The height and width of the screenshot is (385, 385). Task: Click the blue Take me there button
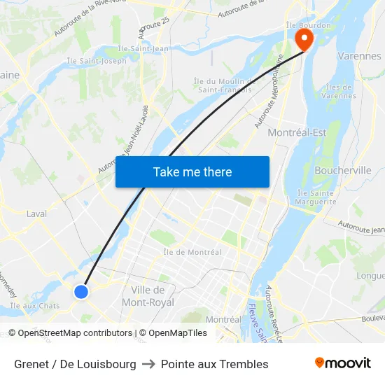point(192,171)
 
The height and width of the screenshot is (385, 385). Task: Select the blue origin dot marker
point(81,291)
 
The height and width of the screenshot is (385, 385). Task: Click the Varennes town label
point(359,56)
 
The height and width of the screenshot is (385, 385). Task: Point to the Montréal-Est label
point(297,132)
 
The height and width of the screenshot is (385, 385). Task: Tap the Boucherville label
point(343,170)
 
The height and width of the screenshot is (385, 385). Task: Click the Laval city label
point(36,213)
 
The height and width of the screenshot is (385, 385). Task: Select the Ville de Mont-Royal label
point(148,296)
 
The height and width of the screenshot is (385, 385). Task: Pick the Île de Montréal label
point(192,252)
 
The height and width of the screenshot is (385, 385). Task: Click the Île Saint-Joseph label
point(97,61)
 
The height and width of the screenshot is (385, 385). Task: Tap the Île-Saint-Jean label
point(143,48)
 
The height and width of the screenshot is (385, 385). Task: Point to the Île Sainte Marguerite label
point(316,197)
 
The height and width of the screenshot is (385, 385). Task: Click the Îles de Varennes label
point(340,91)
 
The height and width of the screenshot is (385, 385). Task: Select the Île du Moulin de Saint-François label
point(225,85)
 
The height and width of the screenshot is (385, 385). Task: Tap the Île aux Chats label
point(35,306)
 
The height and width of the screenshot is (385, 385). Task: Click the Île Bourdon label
point(302,25)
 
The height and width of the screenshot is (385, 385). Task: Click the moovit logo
point(343,363)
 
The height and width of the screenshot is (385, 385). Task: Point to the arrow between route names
point(148,364)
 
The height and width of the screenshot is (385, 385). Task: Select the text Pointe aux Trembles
point(214,364)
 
